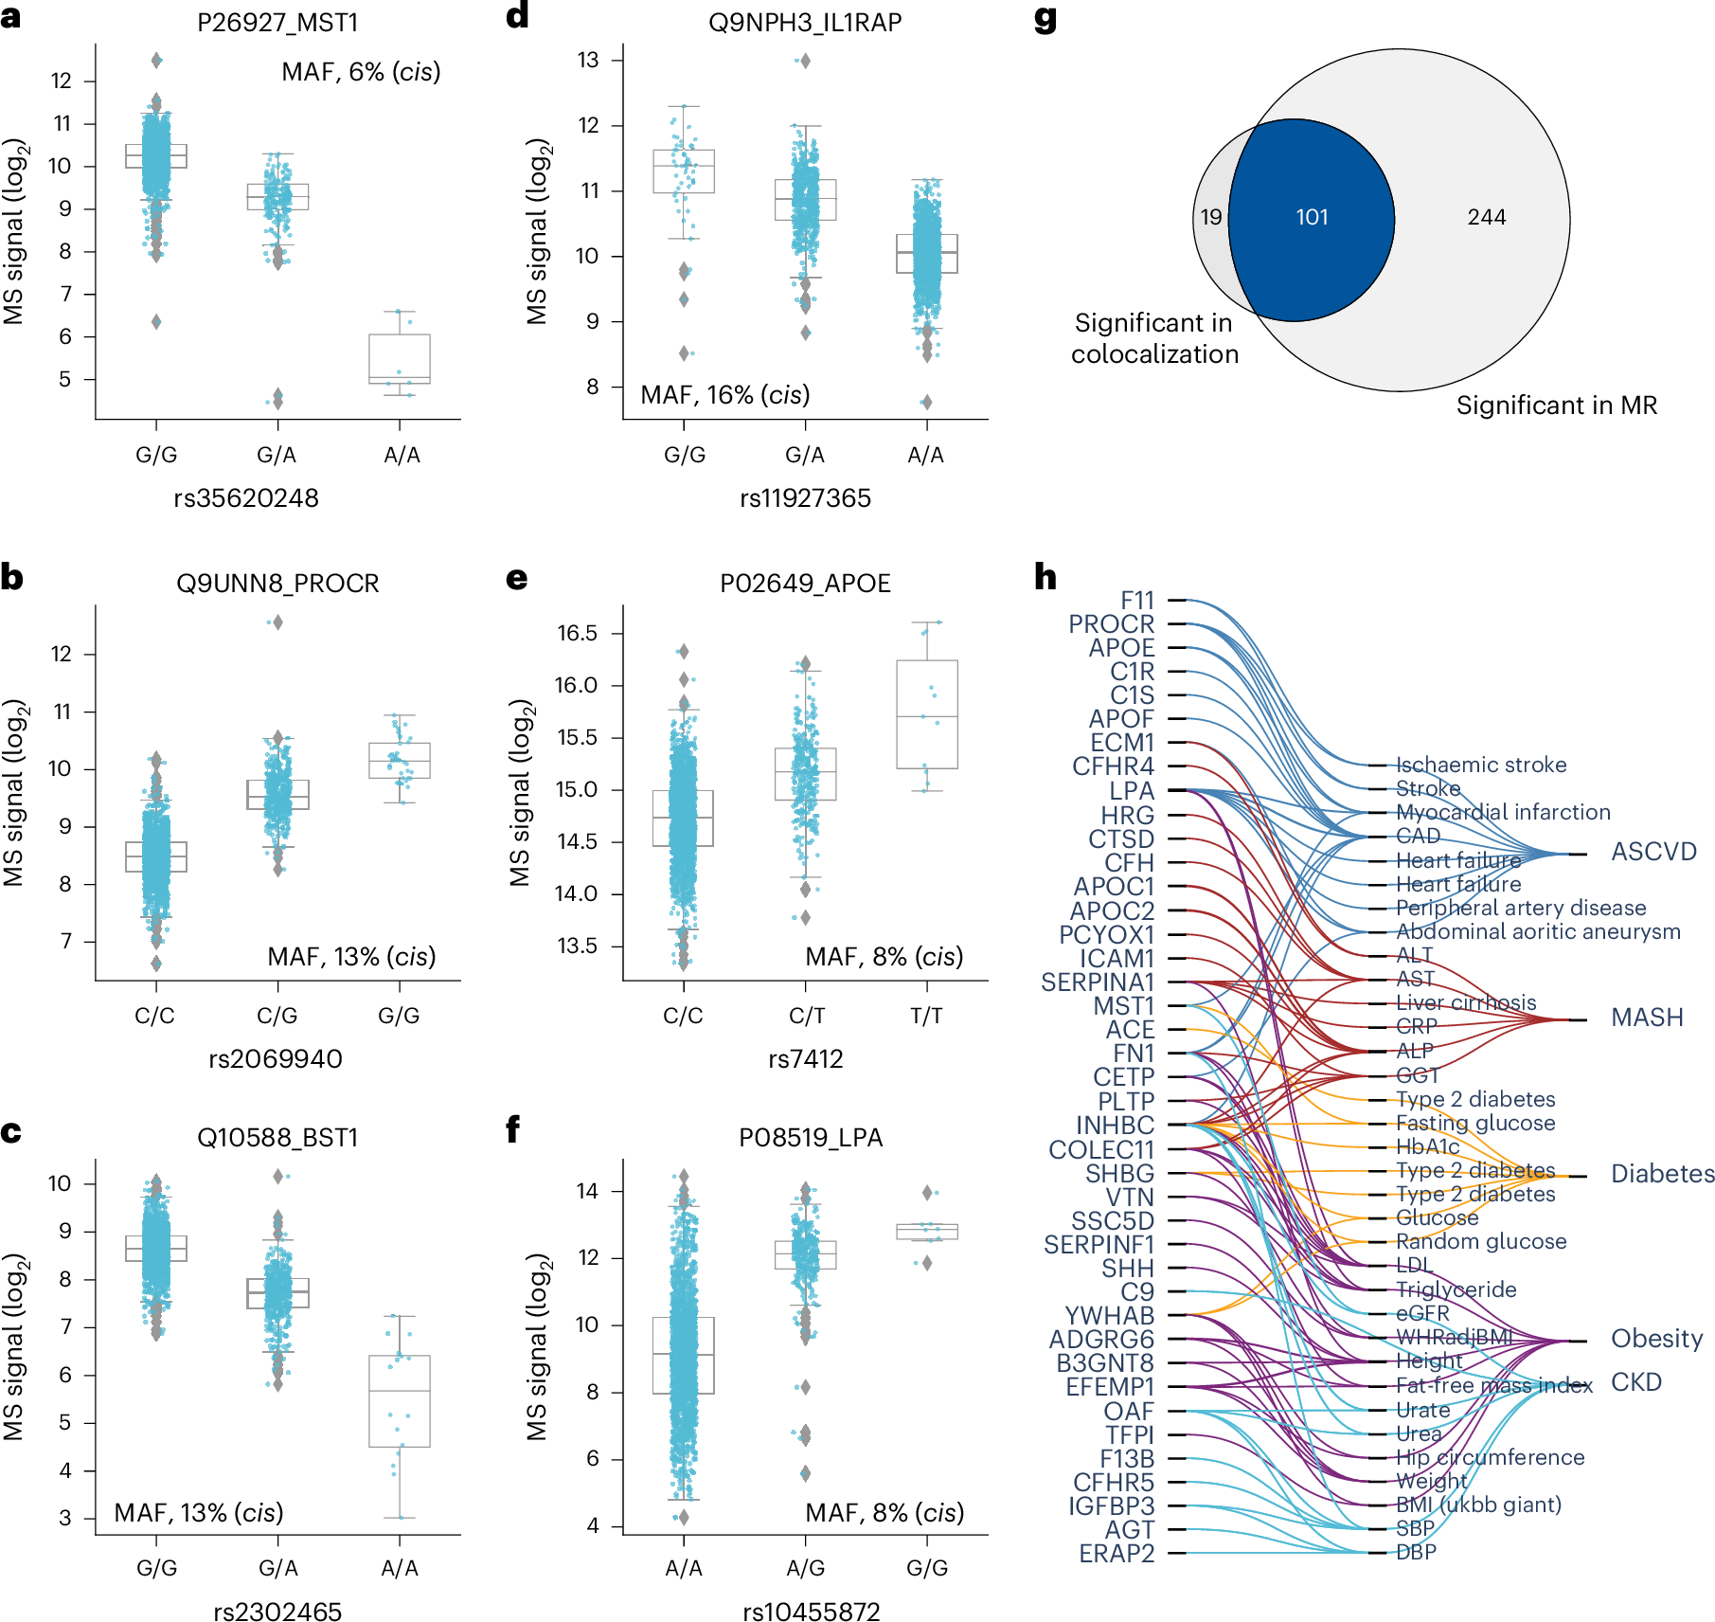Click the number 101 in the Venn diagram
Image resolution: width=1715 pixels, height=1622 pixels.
click(1312, 218)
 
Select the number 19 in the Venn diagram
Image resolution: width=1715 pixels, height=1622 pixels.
click(1210, 218)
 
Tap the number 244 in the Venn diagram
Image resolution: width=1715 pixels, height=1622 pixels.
click(1486, 218)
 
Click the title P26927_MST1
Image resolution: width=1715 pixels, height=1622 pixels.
click(277, 23)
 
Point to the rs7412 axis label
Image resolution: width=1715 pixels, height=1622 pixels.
click(805, 1058)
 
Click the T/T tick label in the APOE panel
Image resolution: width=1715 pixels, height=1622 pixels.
click(926, 1017)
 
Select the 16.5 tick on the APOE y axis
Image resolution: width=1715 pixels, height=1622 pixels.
click(577, 633)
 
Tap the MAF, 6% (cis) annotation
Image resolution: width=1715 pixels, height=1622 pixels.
click(361, 72)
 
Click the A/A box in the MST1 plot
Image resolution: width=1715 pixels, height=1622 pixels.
click(399, 358)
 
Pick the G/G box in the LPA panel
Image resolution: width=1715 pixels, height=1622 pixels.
click(927, 1232)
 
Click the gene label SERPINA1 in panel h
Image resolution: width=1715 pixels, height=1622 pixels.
click(1097, 982)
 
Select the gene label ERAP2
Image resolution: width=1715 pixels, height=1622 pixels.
click(1117, 1554)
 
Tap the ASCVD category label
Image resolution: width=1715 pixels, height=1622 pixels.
click(1653, 852)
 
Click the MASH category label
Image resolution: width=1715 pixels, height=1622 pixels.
click(1647, 1018)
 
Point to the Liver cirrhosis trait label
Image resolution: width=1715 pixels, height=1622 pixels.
click(1466, 1002)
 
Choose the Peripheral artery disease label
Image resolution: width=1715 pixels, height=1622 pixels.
click(1521, 908)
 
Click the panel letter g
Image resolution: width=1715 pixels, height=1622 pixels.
click(1045, 19)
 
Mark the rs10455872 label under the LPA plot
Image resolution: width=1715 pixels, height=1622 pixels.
click(811, 1612)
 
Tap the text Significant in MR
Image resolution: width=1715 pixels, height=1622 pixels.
click(1556, 405)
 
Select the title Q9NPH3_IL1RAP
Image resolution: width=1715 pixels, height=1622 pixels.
click(805, 23)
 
